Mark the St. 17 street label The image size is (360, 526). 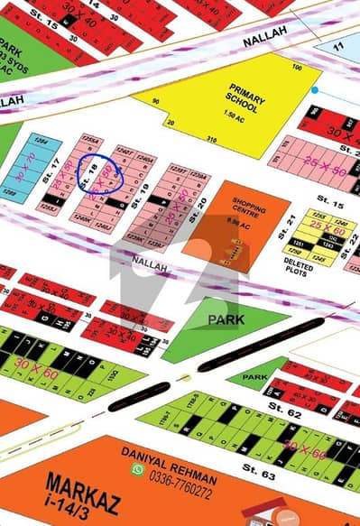pos(53,167)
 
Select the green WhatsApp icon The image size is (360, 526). pos(138,470)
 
